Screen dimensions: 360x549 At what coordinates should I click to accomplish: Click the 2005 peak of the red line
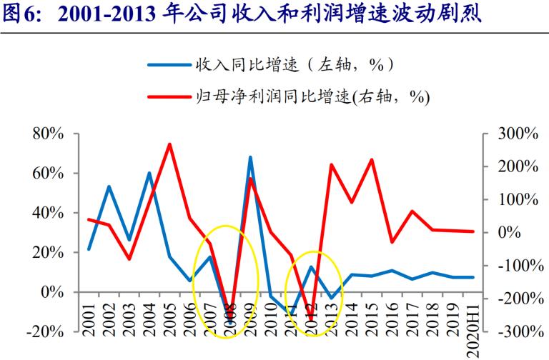169,144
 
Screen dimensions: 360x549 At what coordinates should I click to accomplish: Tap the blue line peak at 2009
250,157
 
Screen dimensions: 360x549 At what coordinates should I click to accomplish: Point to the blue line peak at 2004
149,173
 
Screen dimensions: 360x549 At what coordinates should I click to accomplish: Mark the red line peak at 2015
372,159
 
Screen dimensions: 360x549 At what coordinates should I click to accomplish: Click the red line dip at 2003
129,259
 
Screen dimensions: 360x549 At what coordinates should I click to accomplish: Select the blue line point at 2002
109,186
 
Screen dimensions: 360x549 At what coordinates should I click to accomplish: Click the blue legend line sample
169,66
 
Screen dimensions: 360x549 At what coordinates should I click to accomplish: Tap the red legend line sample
169,95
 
